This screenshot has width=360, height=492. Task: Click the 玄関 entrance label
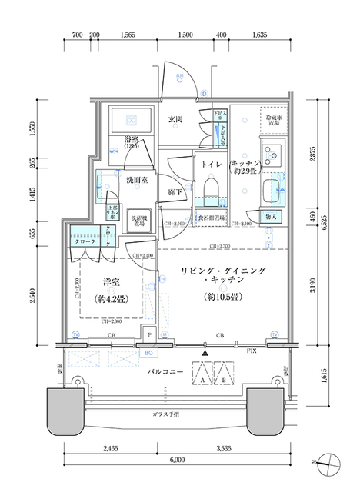175,119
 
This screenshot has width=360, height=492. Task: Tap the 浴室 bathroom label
130,141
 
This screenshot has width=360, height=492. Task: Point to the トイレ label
212,165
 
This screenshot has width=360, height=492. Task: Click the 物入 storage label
271,218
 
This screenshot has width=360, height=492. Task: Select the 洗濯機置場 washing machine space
138,218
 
